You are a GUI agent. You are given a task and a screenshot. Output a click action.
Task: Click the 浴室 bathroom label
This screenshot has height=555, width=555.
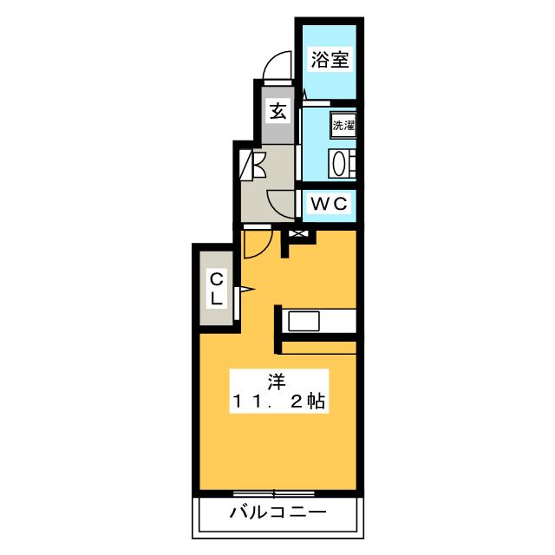coord(330,60)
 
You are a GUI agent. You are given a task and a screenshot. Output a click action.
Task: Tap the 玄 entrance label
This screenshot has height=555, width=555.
coord(277,111)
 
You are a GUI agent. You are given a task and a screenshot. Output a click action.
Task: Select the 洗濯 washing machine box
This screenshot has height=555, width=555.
coord(343,125)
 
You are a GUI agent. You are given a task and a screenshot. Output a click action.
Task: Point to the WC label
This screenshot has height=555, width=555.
coord(330,205)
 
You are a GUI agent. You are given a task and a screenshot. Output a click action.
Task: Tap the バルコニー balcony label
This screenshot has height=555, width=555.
coord(277,513)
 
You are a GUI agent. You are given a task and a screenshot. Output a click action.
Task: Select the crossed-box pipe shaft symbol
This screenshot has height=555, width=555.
coord(297,234)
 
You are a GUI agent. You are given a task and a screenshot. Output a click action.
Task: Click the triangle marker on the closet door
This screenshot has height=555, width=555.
coord(245,289)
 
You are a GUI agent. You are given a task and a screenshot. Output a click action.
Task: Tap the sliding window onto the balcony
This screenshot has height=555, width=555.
coord(277,493)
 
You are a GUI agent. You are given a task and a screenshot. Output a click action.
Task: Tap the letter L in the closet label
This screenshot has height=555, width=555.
coord(217,297)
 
